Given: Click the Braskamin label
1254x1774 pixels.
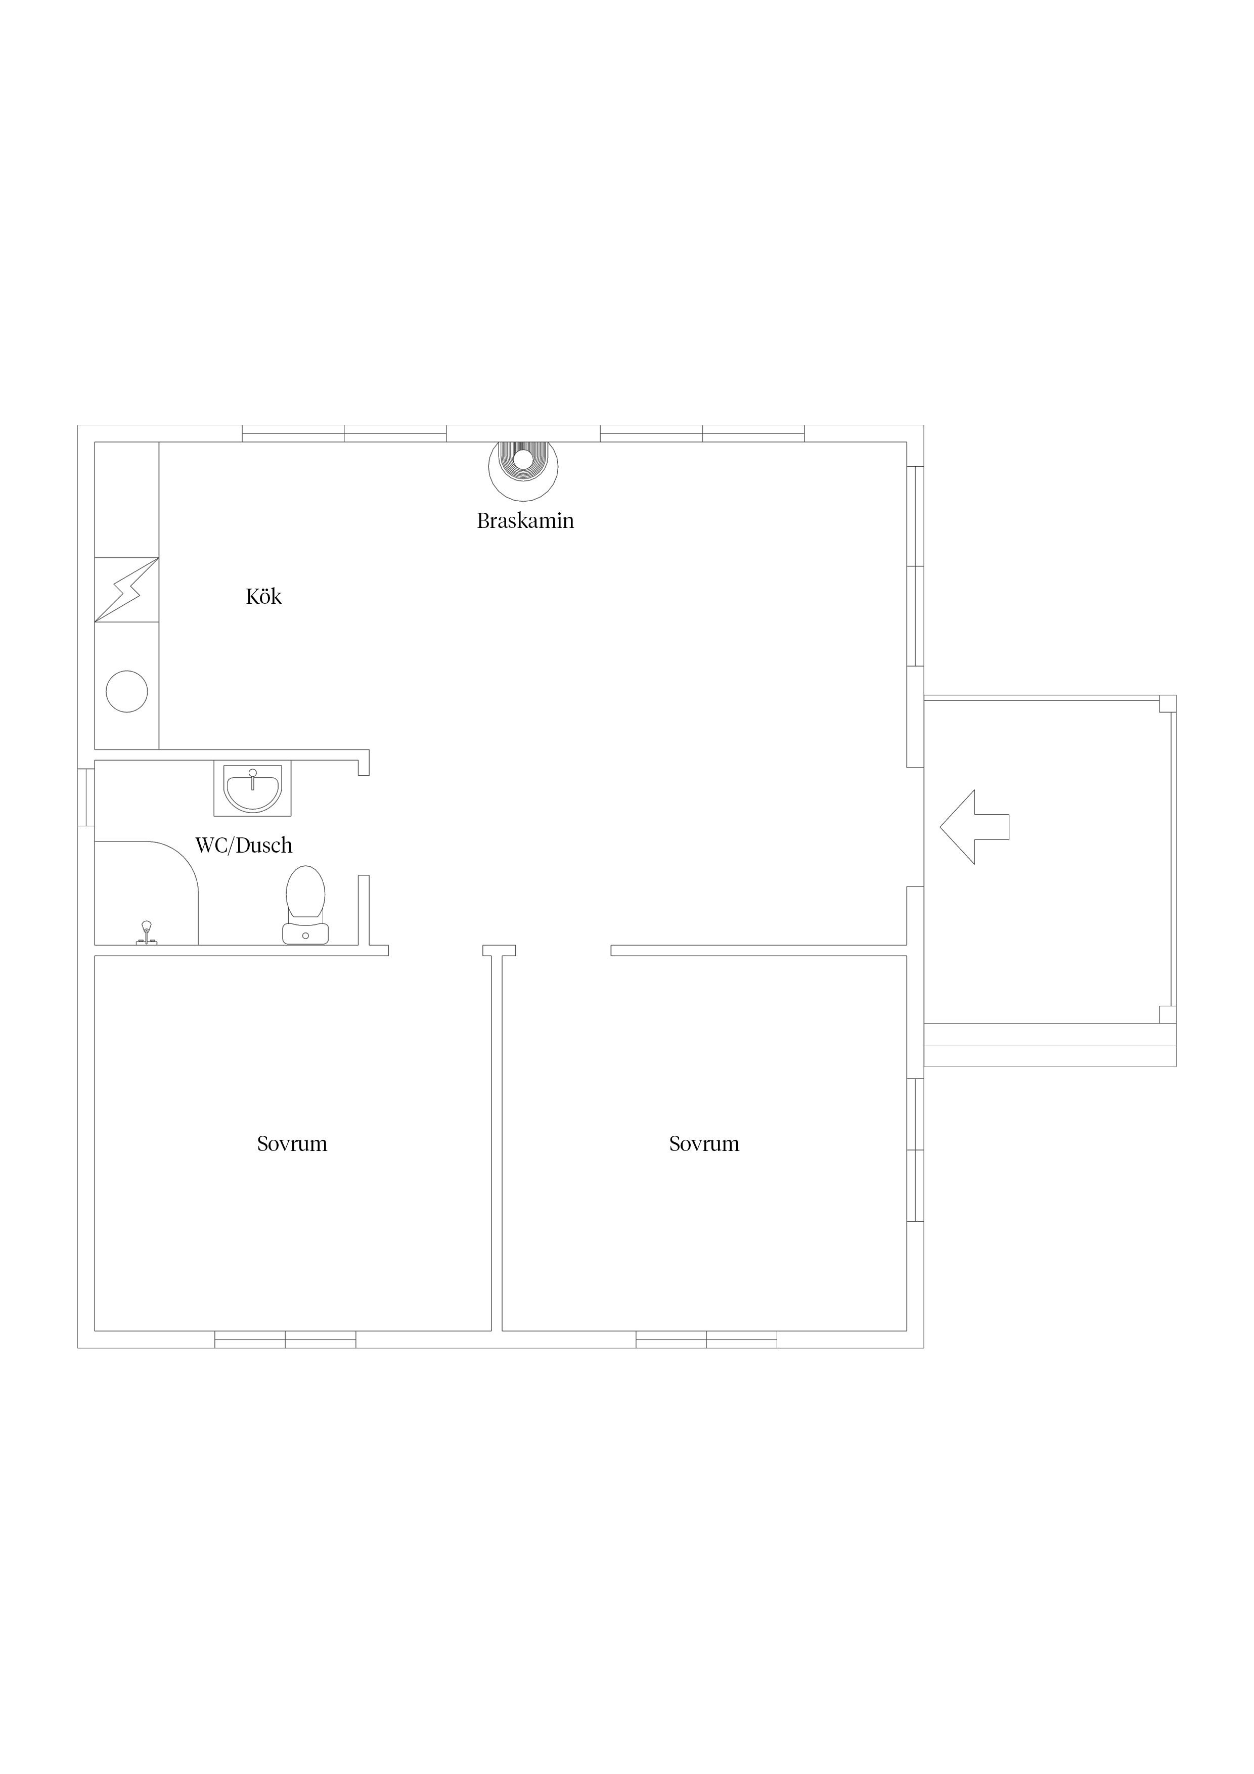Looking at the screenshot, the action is [x=525, y=521].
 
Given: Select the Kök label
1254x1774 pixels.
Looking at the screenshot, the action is [x=263, y=597].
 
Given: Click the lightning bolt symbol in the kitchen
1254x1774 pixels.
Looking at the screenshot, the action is [x=127, y=590].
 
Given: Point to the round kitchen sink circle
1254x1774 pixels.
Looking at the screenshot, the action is [x=127, y=691].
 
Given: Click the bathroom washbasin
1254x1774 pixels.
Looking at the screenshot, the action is [x=253, y=788].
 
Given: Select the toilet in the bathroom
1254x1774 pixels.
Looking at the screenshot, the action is [x=306, y=905].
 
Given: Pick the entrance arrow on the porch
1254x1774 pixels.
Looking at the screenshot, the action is [x=974, y=827].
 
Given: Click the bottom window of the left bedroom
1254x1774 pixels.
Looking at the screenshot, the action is [x=285, y=1339].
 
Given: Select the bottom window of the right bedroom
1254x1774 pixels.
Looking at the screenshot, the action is [x=706, y=1339].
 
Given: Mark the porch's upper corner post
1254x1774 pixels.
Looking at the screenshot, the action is [x=1168, y=703].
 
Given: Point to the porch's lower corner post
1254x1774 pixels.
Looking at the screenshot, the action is [x=1168, y=1014].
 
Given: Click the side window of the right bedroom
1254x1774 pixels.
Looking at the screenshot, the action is [x=915, y=1149].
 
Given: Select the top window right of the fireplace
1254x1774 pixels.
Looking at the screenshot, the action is [x=702, y=433].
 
